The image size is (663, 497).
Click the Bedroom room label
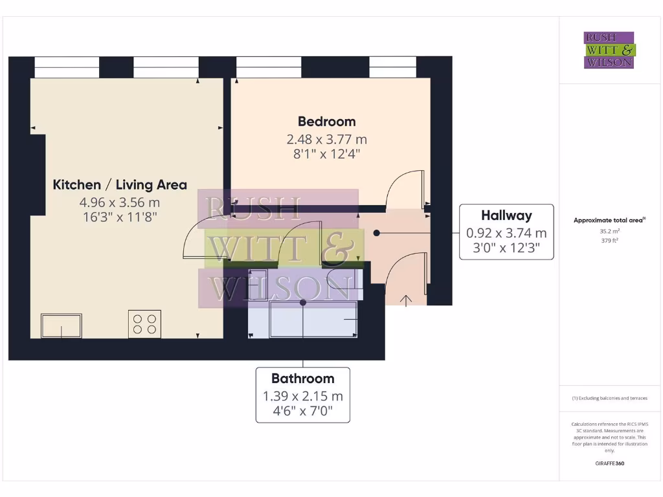tap(326, 121)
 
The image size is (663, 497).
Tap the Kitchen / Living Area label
tap(120, 184)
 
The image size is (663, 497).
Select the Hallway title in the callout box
tap(506, 215)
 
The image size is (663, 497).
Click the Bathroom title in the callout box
tap(302, 379)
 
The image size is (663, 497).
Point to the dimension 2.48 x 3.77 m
tap(326, 139)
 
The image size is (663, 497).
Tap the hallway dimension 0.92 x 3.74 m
tap(506, 233)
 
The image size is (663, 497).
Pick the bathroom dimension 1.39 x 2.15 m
tap(302, 396)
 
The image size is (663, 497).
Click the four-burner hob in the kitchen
tap(145, 323)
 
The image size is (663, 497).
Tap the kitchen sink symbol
tap(62, 326)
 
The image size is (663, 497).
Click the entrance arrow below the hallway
tap(407, 300)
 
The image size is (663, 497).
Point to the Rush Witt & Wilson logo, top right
tap(609, 50)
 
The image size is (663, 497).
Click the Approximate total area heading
tap(609, 220)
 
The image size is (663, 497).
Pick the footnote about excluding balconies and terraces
tap(609, 398)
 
